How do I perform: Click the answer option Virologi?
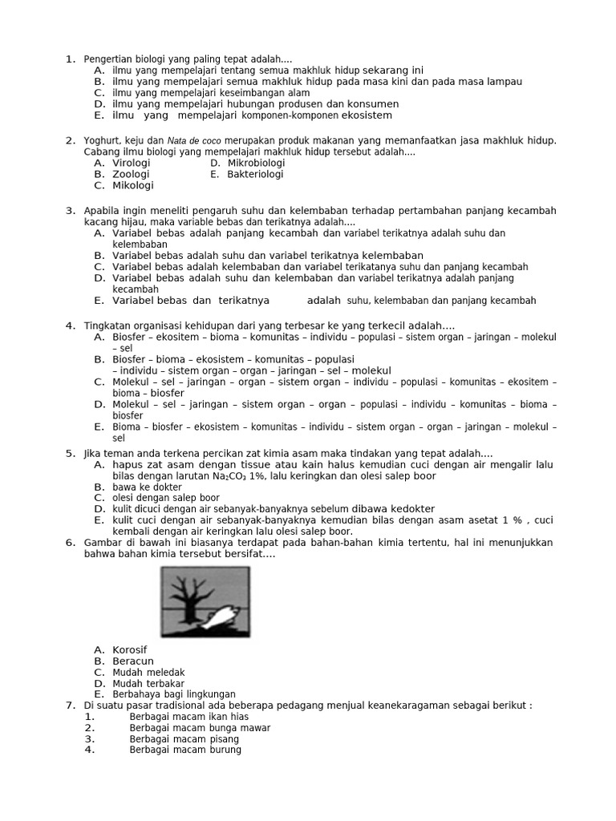click(132, 163)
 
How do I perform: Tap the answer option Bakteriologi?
click(255, 174)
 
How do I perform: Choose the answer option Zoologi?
click(131, 174)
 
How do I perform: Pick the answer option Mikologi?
click(132, 185)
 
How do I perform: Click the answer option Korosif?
click(130, 649)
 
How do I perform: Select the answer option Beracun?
click(132, 661)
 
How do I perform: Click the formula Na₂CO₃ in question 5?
click(229, 476)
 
